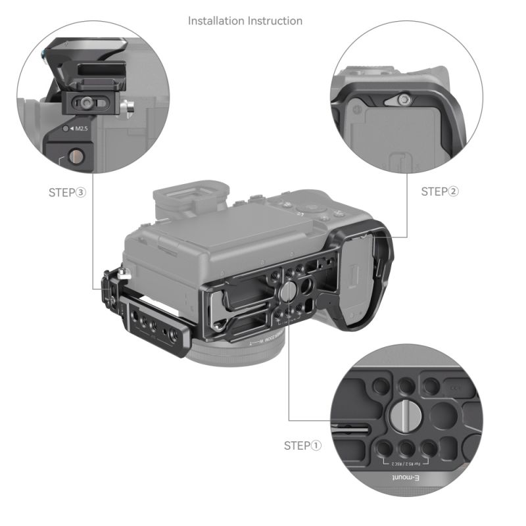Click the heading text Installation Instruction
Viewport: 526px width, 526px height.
tap(245, 21)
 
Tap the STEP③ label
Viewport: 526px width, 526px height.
tap(68, 193)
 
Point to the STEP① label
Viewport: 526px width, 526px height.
tap(303, 446)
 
